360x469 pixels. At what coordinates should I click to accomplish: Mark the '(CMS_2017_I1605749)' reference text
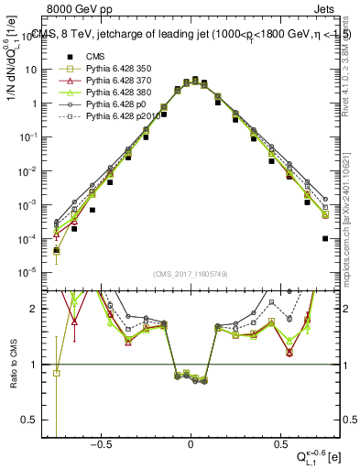tap(191, 276)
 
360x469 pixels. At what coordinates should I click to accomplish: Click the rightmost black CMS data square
tap(325, 238)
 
